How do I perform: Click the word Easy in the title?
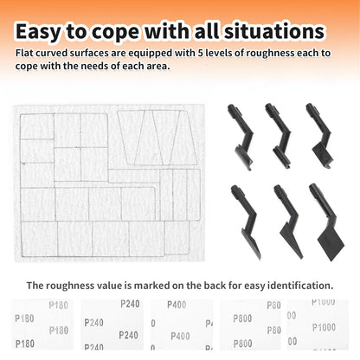pyautogui.click(x=38, y=31)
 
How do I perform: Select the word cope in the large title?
pyautogui.click(x=115, y=33)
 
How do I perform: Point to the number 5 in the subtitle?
pyautogui.click(x=201, y=53)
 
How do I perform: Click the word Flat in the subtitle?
pyautogui.click(x=24, y=53)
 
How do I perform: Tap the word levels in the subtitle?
pyautogui.click(x=219, y=53)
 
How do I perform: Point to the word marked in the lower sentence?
pyautogui.click(x=151, y=286)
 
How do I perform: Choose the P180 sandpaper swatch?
pyautogui.click(x=42, y=325)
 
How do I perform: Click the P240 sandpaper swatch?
pyautogui.click(x=112, y=325)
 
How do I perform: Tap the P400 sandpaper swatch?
pyautogui.click(x=182, y=325)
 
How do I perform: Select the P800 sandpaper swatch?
pyautogui.click(x=250, y=325)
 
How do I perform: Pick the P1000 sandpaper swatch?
pyautogui.click(x=318, y=325)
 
